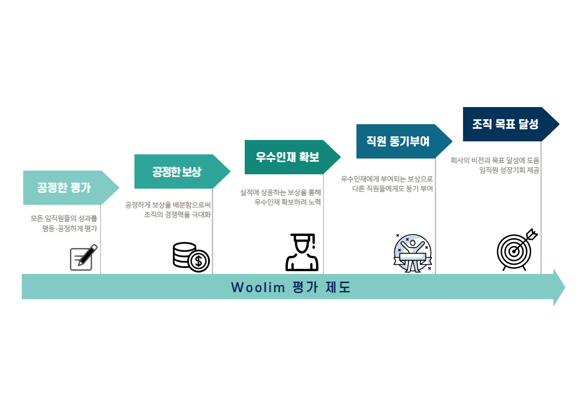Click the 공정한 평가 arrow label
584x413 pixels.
click(64, 187)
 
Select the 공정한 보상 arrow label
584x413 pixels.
click(177, 172)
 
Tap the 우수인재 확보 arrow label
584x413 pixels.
click(287, 157)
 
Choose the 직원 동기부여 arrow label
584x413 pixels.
click(398, 141)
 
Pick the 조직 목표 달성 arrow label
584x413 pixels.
click(505, 124)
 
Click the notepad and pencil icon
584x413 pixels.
click(84, 257)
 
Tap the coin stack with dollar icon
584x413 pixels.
click(191, 257)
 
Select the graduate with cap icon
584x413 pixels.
click(302, 252)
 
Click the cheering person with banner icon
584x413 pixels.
click(413, 253)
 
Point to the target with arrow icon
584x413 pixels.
click(517, 250)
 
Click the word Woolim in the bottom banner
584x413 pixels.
click(258, 287)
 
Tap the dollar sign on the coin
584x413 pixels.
click(199, 261)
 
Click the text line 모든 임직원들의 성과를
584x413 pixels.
click(64, 218)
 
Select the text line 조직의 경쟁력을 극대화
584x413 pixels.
click(177, 215)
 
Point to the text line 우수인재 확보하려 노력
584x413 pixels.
click(287, 202)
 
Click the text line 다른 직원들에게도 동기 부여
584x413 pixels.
click(393, 189)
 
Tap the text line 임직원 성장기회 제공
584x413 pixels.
click(509, 170)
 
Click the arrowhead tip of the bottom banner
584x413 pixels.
click(565, 287)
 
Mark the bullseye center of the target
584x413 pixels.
click(514, 252)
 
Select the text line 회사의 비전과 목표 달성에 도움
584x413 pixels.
click(495, 160)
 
